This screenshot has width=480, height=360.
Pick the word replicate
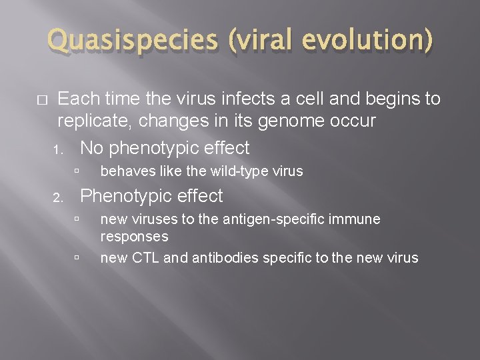[x=93, y=121]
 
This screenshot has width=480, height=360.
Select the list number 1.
[x=59, y=149]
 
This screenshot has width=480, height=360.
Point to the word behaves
[x=124, y=172]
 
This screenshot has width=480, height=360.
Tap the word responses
[x=134, y=237]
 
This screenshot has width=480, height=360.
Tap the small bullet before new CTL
[x=78, y=257]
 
